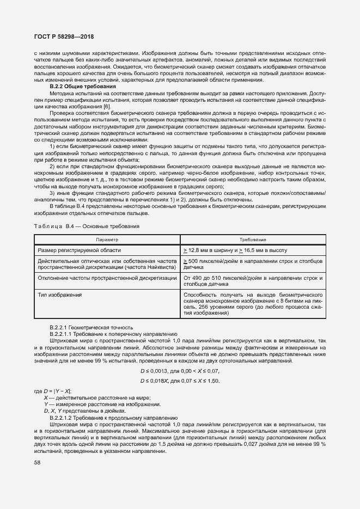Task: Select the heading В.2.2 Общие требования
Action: pos(83,87)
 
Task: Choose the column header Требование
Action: pos(253,240)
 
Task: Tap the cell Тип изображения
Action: pos(59,295)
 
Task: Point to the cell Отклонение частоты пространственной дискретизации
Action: pos(107,278)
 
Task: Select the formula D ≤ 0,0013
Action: pos(180,370)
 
